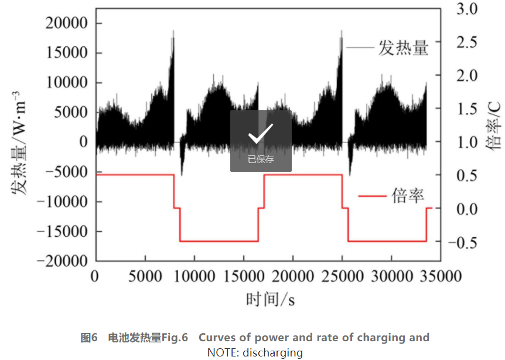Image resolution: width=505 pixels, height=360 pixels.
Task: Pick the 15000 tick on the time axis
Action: coord(243,276)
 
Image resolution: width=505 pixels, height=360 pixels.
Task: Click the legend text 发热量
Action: coord(404,47)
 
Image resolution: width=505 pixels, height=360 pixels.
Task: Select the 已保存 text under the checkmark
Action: coord(261,159)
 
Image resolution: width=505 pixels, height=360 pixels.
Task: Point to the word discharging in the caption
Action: coord(275,352)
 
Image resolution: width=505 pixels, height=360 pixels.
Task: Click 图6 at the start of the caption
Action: coord(88,338)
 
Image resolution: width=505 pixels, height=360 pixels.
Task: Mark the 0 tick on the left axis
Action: coord(83,142)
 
